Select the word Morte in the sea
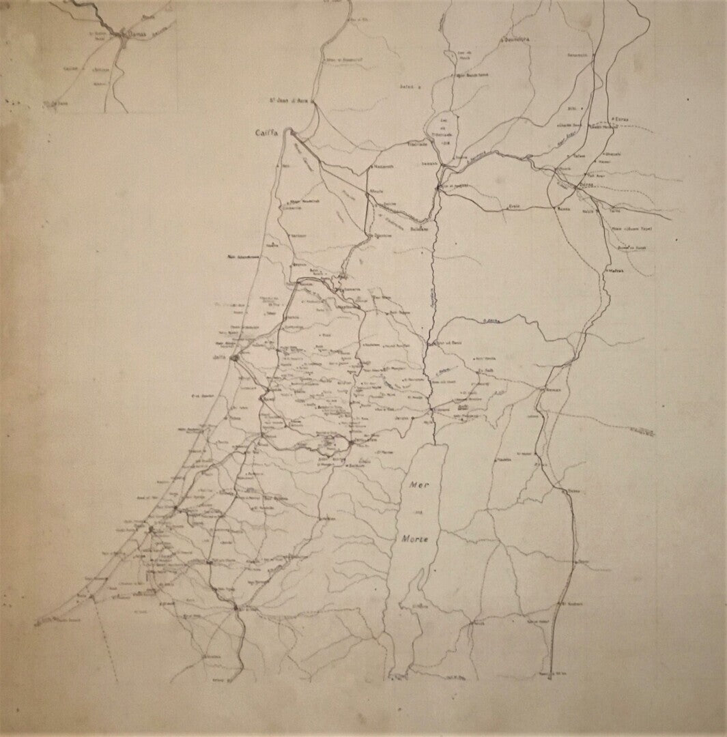[x=414, y=540]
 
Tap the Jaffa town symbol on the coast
[x=233, y=356]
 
